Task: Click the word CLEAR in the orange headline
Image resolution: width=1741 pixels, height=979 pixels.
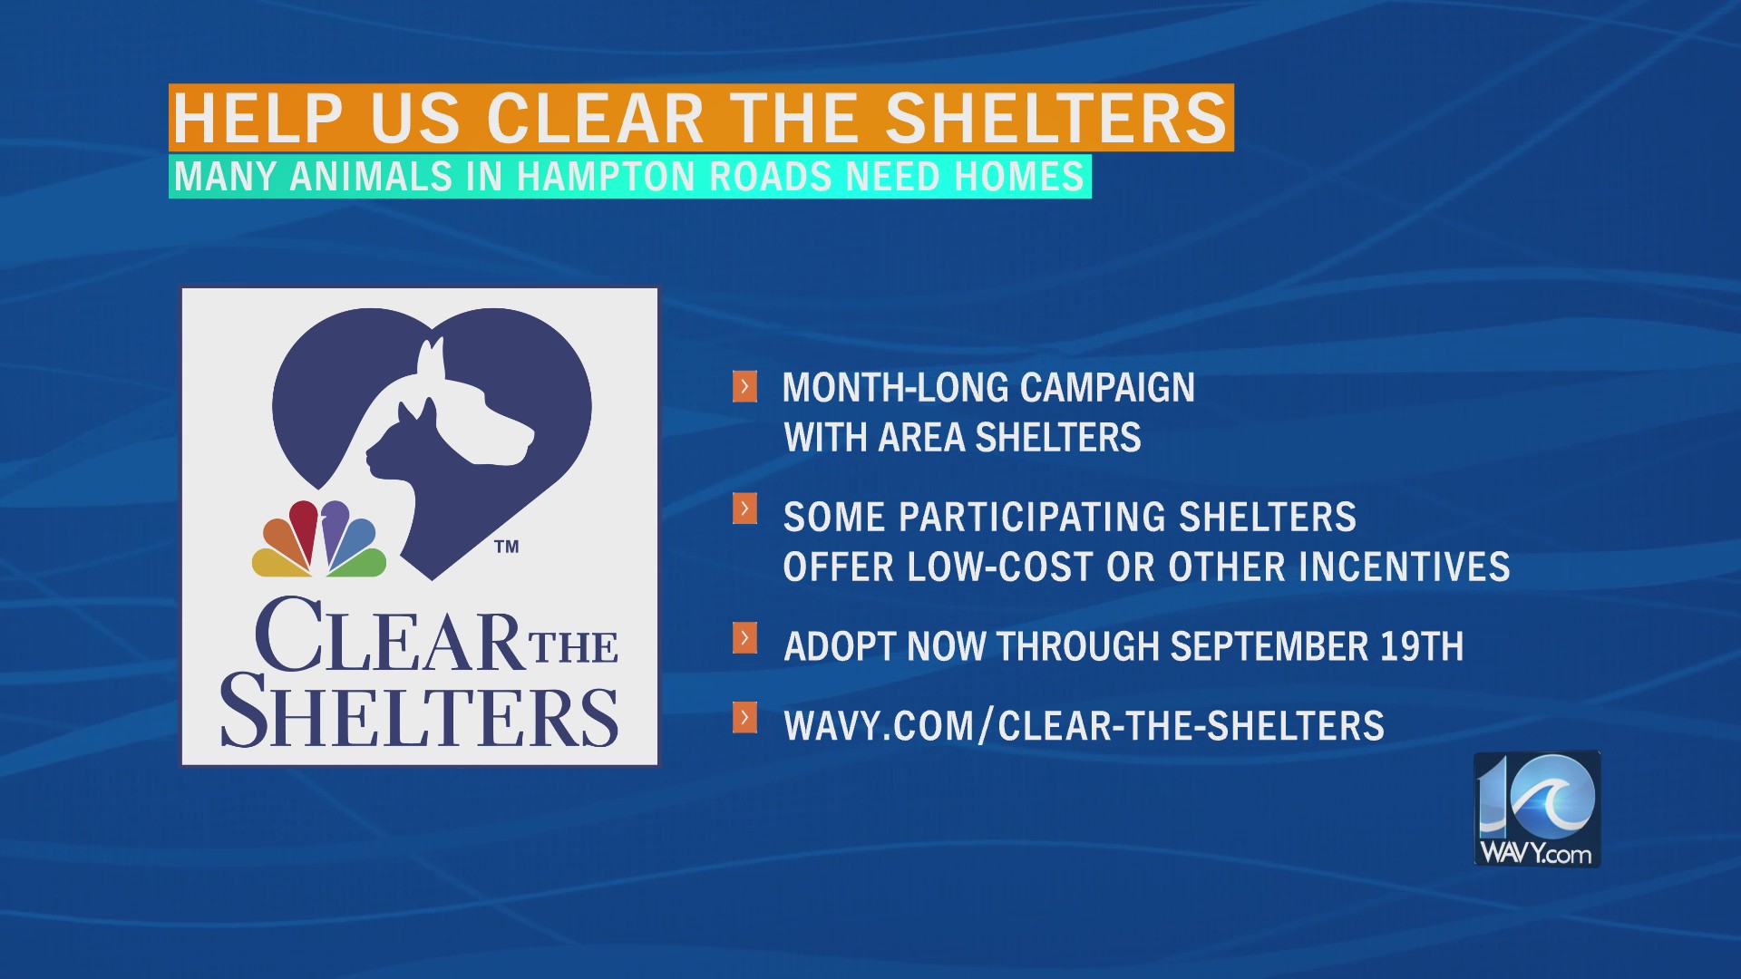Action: (x=595, y=118)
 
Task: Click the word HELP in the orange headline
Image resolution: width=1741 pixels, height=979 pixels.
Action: (x=258, y=118)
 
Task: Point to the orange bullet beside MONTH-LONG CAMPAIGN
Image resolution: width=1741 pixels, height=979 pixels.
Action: (x=744, y=386)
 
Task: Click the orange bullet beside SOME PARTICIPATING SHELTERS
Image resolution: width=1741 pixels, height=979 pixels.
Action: (x=744, y=509)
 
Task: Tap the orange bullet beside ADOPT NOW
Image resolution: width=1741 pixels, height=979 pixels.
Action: (x=744, y=638)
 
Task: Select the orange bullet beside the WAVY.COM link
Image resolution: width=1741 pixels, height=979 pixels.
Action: (x=744, y=718)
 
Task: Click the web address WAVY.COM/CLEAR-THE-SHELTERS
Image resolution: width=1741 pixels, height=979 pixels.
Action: (x=1084, y=726)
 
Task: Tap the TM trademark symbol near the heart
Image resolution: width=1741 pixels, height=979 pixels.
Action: (x=507, y=547)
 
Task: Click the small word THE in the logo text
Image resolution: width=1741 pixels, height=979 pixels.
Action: (x=574, y=647)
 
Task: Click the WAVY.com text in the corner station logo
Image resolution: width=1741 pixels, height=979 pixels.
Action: (x=1535, y=853)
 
